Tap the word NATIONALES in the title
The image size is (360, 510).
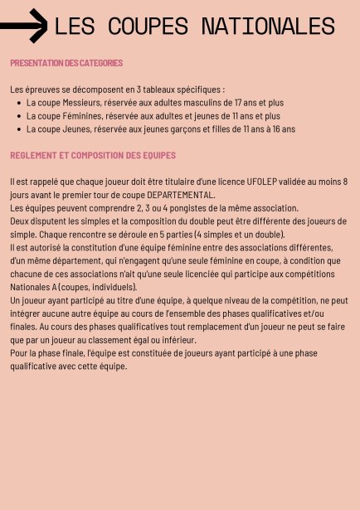[x=266, y=27]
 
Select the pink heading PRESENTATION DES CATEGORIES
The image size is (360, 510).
[x=66, y=63]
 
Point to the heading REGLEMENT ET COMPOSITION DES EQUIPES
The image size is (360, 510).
[x=93, y=155]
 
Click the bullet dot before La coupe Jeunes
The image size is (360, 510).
[x=19, y=129]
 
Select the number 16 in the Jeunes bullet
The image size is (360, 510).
[x=274, y=129]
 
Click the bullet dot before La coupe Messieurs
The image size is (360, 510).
[x=19, y=103]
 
